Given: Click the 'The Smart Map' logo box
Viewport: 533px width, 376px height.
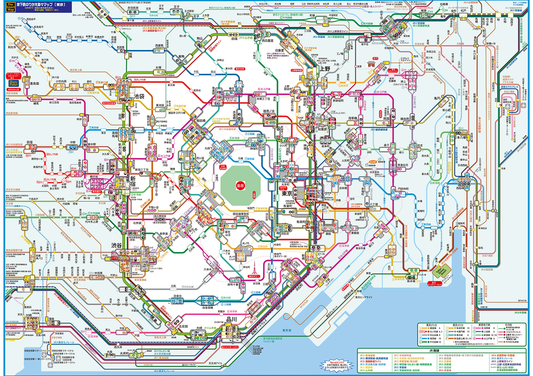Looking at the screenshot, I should point(11,7).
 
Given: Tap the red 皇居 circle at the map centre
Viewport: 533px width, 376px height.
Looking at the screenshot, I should point(240,186).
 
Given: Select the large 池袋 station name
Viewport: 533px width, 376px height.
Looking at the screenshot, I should point(139,96).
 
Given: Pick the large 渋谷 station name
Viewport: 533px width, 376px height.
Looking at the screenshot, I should point(116,245).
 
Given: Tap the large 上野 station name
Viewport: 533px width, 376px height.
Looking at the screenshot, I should point(325,69).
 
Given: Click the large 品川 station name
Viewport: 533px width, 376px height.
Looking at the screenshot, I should point(231,319).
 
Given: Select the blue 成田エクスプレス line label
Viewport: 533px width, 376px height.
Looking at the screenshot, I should point(509,87).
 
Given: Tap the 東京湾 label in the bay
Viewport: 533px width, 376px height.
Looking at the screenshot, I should point(286,330).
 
